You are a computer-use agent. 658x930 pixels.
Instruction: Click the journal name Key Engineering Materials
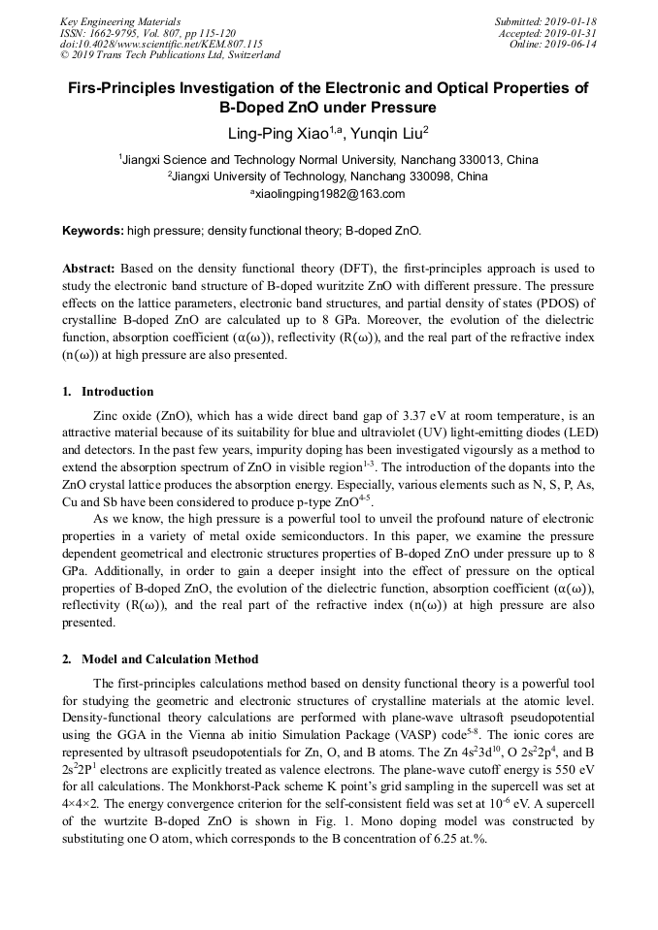[x=119, y=20]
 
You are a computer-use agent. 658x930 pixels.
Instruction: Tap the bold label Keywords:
[x=93, y=231]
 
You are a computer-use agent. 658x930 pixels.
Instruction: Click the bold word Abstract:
[x=89, y=267]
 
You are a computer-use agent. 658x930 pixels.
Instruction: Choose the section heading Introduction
[x=117, y=392]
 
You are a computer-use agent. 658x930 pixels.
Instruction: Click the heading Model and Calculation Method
[x=170, y=659]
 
